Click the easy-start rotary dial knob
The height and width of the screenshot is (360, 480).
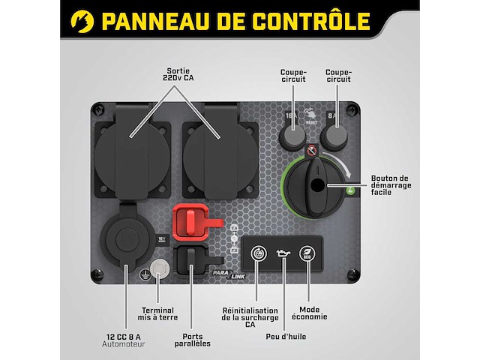tap(317, 184)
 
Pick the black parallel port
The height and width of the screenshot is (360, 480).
tap(193, 260)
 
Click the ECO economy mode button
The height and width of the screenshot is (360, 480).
tap(306, 255)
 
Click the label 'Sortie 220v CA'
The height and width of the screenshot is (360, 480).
tap(178, 71)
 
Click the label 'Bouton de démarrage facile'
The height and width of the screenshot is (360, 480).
tap(412, 184)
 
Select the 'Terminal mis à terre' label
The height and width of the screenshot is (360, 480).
tap(157, 314)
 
